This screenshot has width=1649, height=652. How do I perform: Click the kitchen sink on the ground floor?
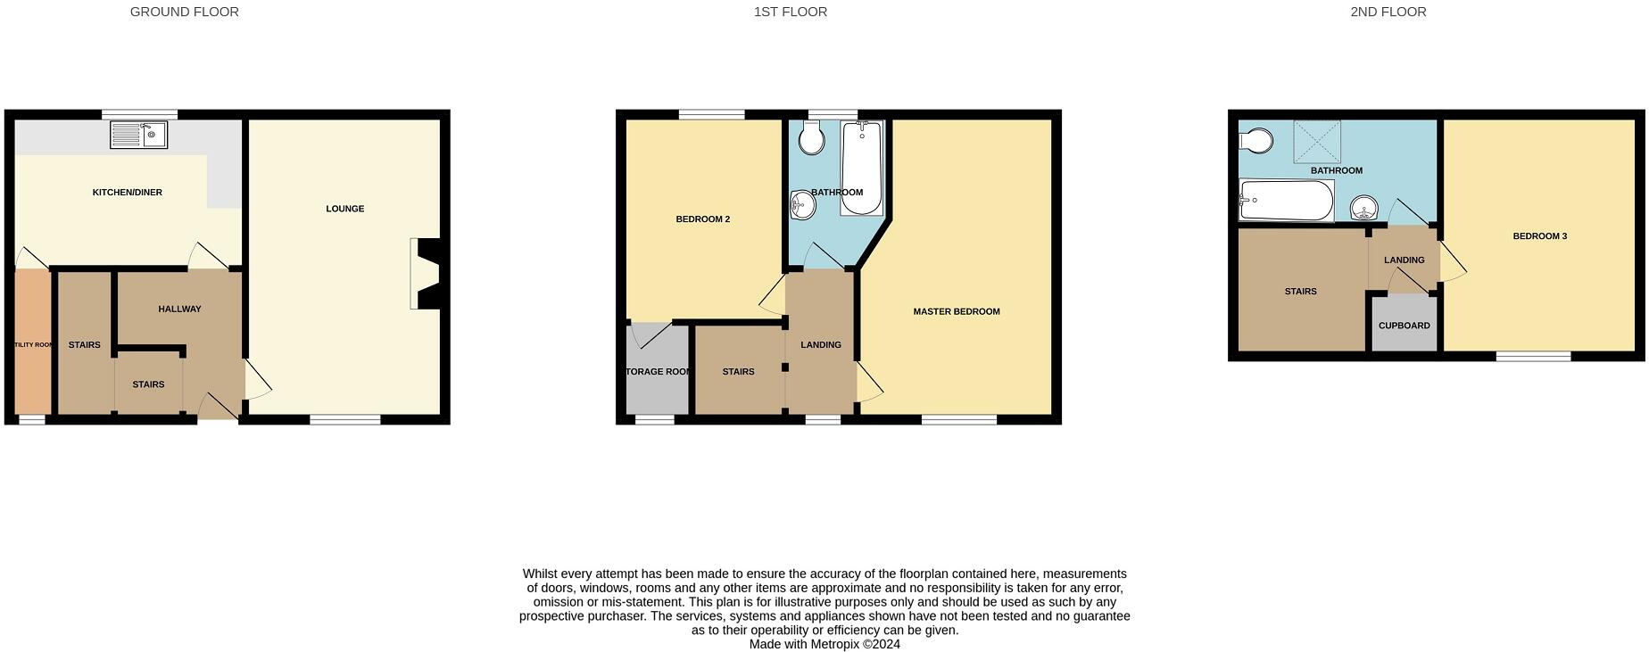click(x=139, y=136)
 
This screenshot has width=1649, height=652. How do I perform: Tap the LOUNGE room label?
click(x=344, y=209)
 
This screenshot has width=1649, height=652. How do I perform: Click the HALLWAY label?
click(x=179, y=309)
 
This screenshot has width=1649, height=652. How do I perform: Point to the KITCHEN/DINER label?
click(x=128, y=193)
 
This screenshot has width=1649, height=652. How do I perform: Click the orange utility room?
click(x=33, y=343)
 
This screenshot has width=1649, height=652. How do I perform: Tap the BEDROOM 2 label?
click(x=702, y=219)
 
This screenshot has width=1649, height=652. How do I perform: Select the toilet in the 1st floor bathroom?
click(x=811, y=138)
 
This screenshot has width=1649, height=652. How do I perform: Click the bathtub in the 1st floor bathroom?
click(x=861, y=169)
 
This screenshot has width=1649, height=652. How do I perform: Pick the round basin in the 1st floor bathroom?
click(x=802, y=205)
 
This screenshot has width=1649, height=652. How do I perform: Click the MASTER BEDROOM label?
click(x=956, y=312)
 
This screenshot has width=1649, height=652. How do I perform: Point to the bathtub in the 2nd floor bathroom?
click(x=1286, y=201)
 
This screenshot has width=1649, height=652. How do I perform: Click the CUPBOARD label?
click(x=1404, y=326)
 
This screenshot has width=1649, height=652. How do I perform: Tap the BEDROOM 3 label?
click(x=1539, y=236)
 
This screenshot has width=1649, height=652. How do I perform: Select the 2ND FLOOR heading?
click(x=1388, y=12)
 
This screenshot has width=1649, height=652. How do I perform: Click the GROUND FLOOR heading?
click(x=185, y=12)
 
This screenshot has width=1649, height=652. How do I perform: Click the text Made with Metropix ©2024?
click(x=824, y=644)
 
